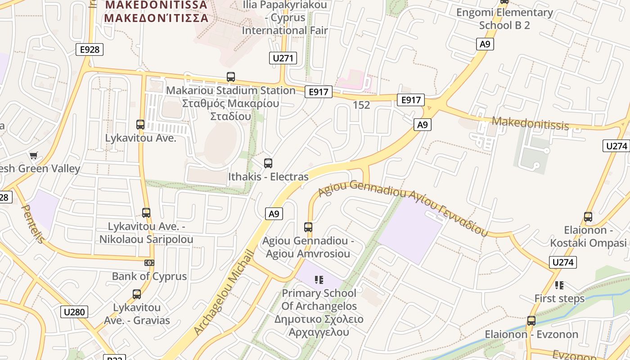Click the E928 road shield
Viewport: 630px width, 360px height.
pos(90,49)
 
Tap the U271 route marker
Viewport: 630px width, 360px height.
pos(283,58)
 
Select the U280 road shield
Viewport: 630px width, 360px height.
pos(74,311)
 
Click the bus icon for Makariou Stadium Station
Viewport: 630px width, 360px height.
pos(231,77)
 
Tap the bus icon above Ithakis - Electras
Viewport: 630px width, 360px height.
pos(268,163)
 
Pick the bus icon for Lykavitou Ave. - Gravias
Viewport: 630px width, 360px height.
pos(137,294)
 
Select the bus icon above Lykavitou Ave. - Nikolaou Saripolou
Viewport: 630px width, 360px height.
pos(146,213)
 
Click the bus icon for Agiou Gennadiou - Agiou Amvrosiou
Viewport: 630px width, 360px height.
pos(308,227)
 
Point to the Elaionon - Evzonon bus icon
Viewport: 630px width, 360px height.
pos(531,321)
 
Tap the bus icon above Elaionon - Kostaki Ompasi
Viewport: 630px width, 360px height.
pos(588,217)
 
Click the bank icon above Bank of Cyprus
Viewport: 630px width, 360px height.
pos(149,263)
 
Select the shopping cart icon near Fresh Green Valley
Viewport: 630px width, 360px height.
pos(33,156)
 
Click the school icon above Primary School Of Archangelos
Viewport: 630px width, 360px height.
pos(319,280)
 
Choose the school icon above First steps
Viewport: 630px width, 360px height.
pos(559,285)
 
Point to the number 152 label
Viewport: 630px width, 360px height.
pos(361,105)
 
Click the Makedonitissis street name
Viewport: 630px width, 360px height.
pos(530,123)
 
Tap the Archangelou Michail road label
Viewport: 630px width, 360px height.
pos(224,292)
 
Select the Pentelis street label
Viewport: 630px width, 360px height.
pos(33,224)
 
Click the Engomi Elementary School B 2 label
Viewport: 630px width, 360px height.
pos(504,18)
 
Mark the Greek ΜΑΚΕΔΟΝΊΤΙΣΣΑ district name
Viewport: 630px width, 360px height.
pos(156,18)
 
